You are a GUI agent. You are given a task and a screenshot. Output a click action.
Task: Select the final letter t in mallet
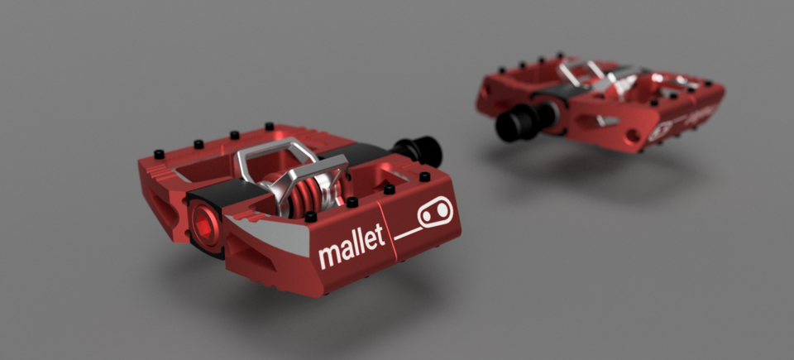coord(381,237)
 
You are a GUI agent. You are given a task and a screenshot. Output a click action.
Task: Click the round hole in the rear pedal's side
coord(633,133)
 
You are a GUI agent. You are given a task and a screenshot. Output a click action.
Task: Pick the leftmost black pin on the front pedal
coord(157,154)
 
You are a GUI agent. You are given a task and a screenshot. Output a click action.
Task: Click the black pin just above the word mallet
coord(352,201)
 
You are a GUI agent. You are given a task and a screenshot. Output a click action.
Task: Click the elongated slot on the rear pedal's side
coord(590,121)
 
